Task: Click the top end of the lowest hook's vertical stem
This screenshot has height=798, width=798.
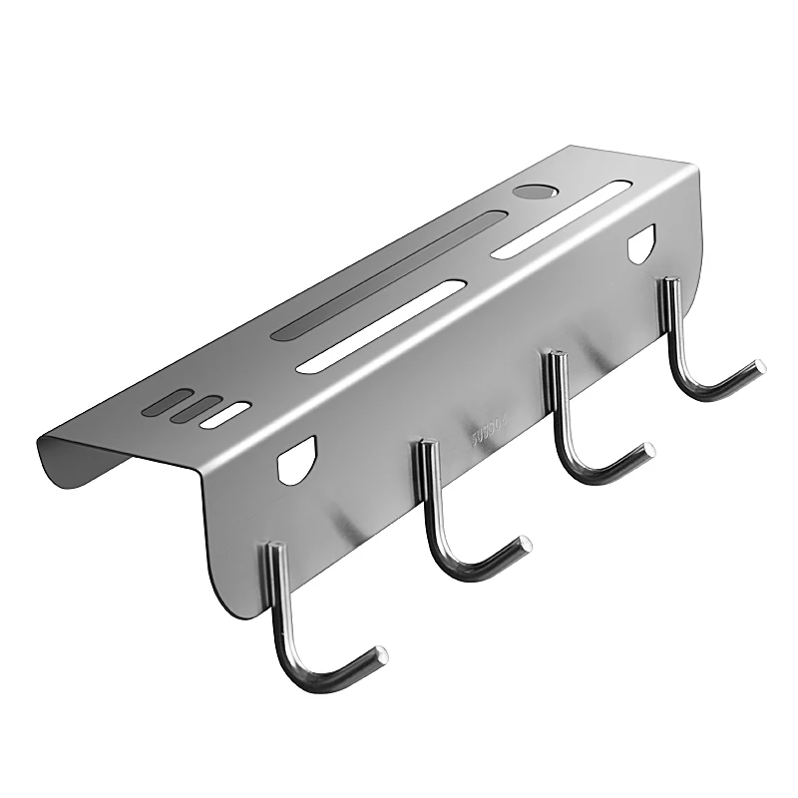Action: pos(270,547)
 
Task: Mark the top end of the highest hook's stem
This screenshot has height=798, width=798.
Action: pos(667,284)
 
